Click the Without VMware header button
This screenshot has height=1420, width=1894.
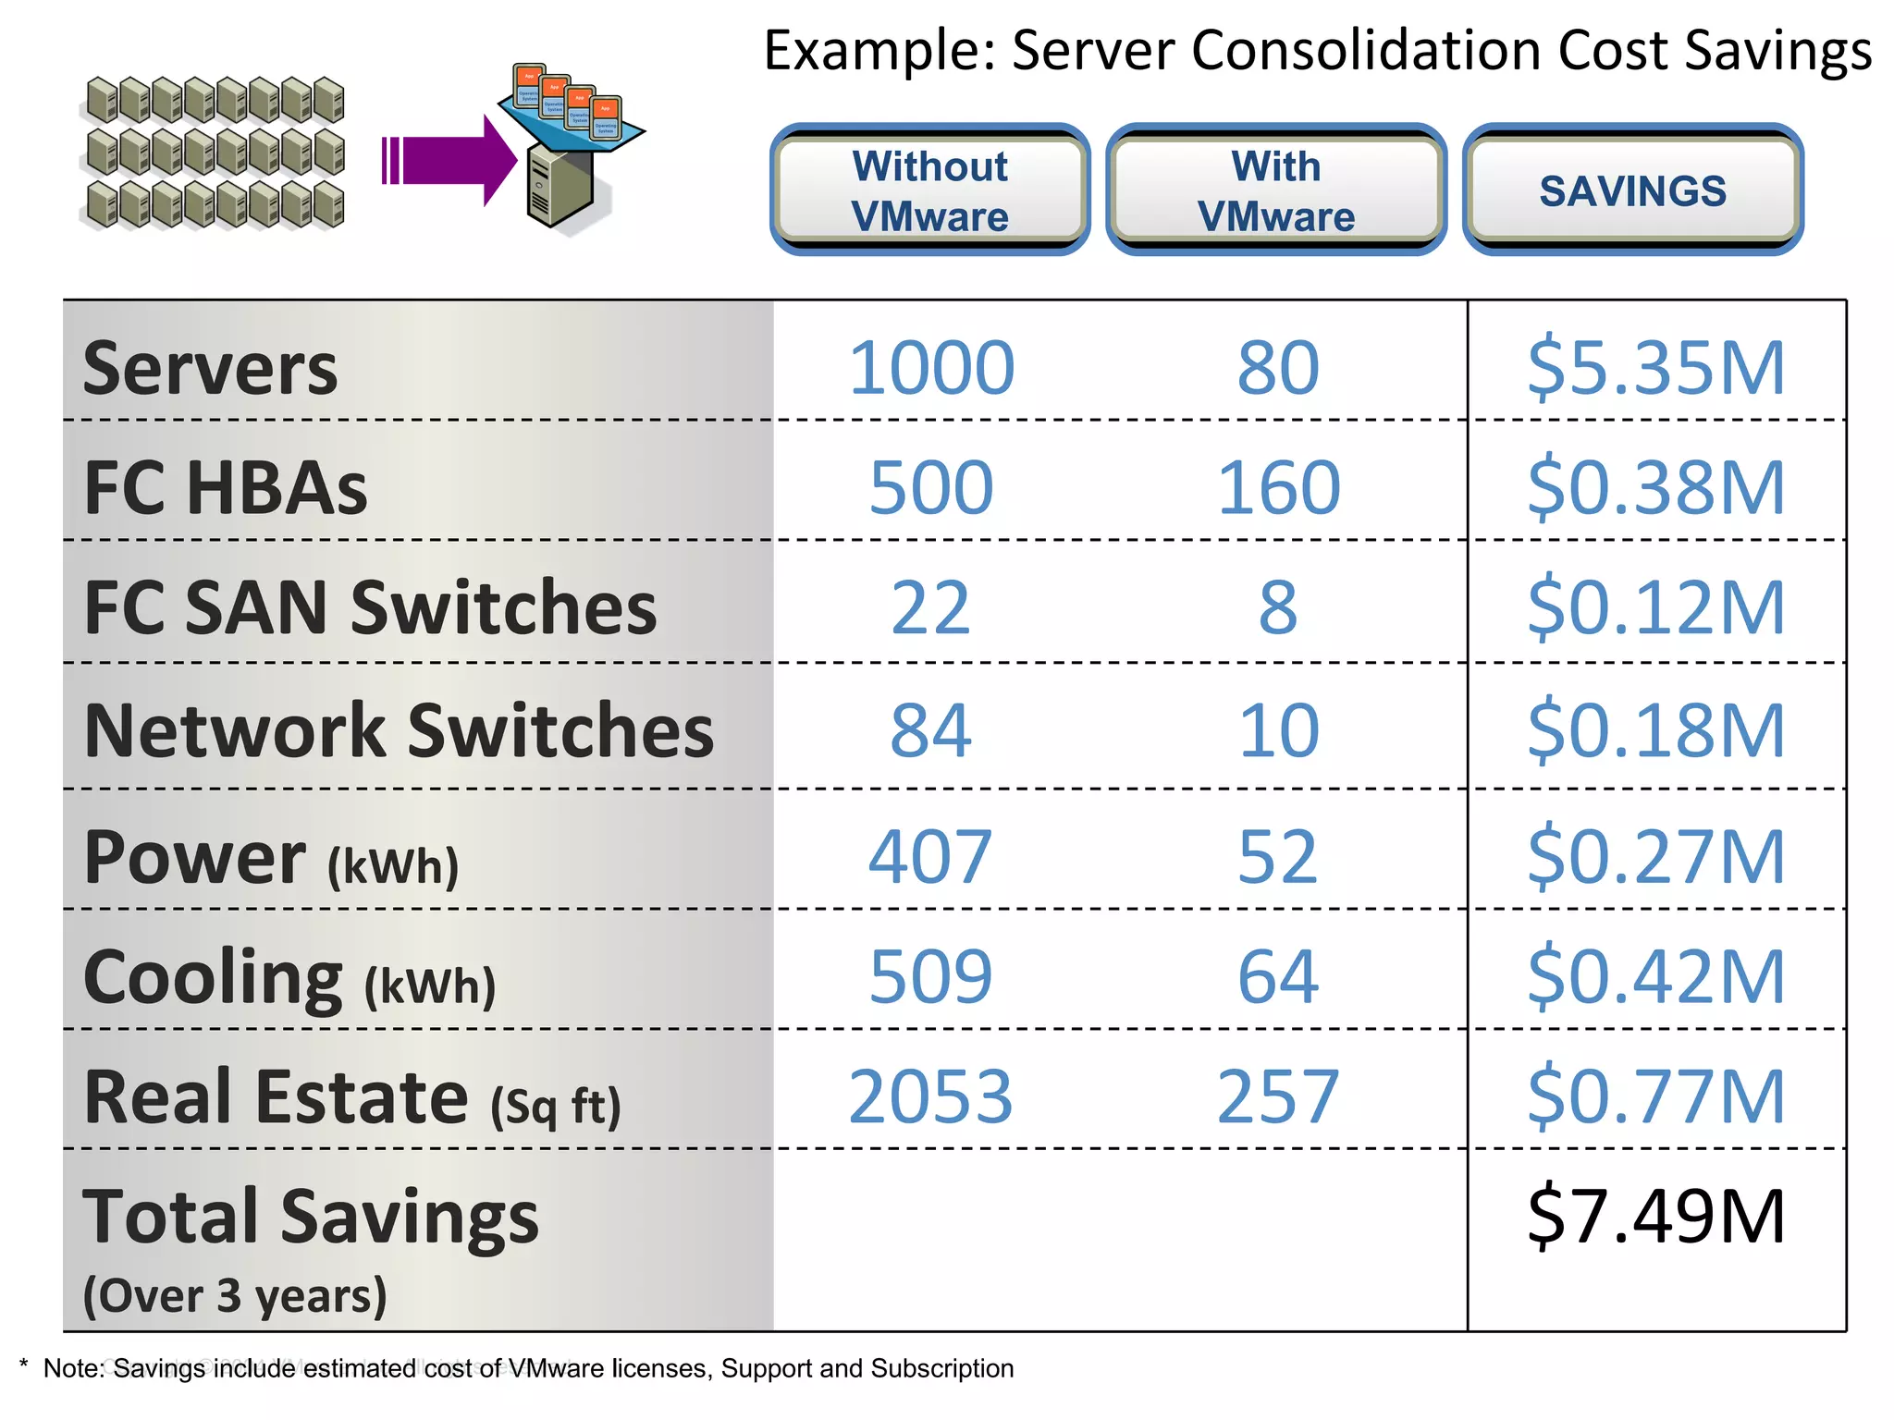[929, 190]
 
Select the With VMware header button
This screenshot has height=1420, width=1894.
[1276, 190]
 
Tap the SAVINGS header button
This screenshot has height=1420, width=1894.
[1632, 190]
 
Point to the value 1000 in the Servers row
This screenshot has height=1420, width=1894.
[931, 368]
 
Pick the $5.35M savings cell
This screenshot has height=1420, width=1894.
[1655, 368]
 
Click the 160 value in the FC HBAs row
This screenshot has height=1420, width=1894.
[1278, 488]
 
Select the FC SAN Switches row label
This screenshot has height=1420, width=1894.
[370, 608]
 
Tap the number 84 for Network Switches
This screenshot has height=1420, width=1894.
[930, 730]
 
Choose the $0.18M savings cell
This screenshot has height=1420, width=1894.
[1655, 730]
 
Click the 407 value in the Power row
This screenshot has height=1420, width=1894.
[930, 857]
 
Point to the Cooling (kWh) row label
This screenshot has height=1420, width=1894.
[289, 978]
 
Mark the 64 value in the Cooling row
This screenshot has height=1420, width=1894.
[1278, 977]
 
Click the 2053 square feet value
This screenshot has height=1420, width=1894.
[930, 1097]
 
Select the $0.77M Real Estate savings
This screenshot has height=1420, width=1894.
[1655, 1097]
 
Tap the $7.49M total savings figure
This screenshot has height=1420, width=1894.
[1655, 1217]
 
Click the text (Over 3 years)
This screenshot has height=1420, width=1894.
[235, 1295]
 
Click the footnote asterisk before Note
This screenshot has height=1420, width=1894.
[24, 1365]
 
